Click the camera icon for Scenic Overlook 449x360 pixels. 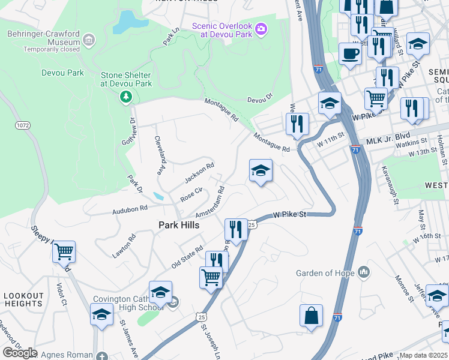[x=261, y=28]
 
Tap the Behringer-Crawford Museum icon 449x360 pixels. [x=89, y=41]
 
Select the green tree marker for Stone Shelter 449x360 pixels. [x=125, y=97]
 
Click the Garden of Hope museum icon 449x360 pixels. [x=364, y=273]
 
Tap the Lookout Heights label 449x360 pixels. [x=24, y=300]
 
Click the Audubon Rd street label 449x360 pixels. [x=130, y=210]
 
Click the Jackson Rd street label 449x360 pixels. [x=199, y=173]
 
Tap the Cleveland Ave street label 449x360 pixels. [x=160, y=154]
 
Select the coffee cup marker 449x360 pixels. [x=349, y=53]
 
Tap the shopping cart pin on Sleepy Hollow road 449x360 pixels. [x=64, y=252]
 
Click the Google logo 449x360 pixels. [x=20, y=353]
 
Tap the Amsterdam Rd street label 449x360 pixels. [x=209, y=203]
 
